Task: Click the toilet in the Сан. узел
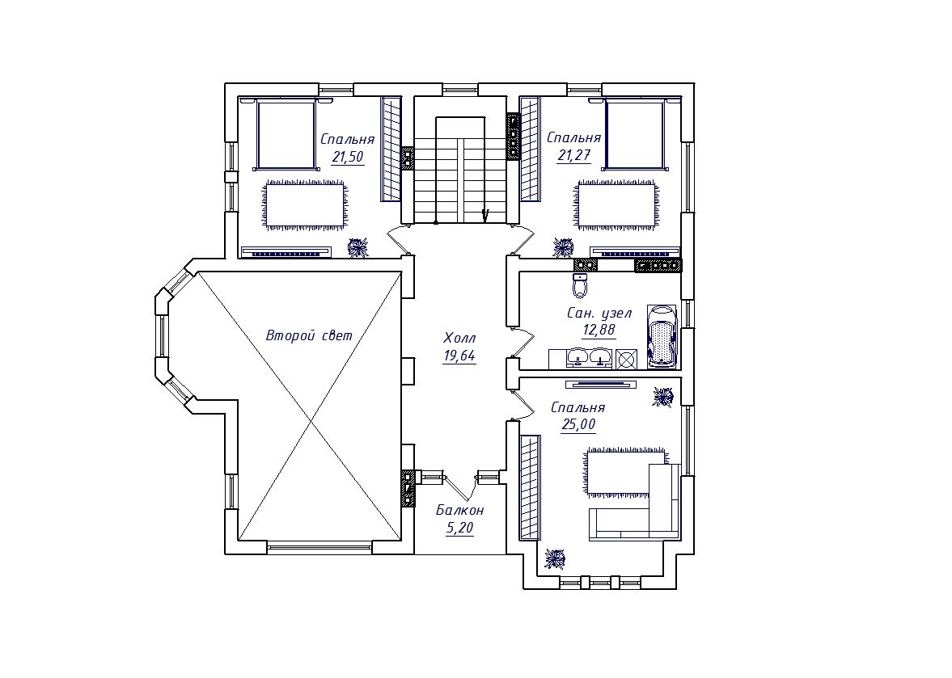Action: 581,285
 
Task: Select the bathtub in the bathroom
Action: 661,336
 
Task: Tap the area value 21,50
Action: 347,157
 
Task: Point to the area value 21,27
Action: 573,155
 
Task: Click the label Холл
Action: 459,338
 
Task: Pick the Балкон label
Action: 460,510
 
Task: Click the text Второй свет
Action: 309,335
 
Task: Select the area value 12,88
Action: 599,331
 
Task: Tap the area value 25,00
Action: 578,424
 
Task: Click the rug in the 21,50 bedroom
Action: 305,204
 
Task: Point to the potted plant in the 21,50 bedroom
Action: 358,246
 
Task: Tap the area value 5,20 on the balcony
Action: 459,529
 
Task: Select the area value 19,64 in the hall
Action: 459,356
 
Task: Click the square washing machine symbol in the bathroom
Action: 626,359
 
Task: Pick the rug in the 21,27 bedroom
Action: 616,204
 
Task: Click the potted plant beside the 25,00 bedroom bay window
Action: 554,558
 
